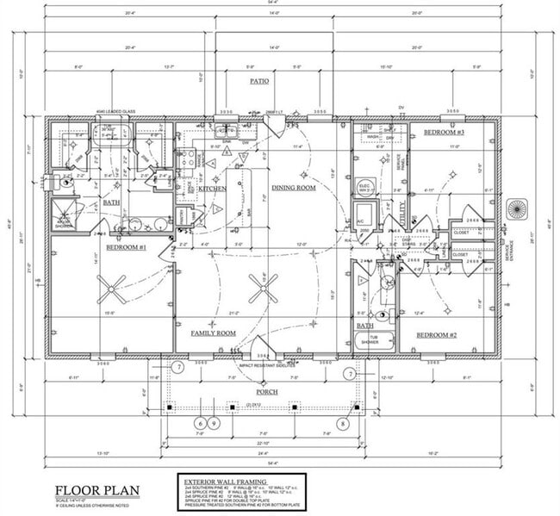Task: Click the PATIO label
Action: point(259,81)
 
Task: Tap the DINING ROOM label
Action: point(296,187)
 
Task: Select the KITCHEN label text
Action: point(213,188)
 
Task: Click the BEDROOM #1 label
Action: point(127,247)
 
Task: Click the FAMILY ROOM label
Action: point(213,333)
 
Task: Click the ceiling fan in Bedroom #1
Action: point(111,288)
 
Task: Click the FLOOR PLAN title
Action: point(97,490)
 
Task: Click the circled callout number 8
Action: point(343,423)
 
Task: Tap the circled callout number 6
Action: point(201,423)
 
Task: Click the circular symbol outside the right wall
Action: point(518,210)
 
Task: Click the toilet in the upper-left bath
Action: point(65,182)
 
